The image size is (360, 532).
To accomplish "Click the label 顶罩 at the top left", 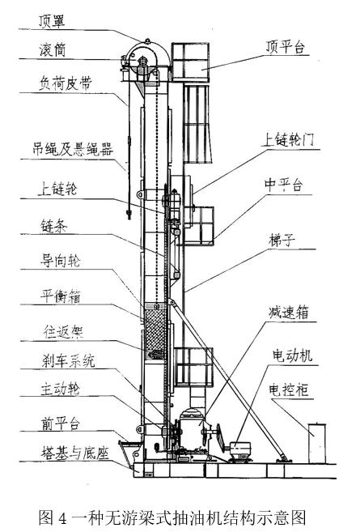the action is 52,20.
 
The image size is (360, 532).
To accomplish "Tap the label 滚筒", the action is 52,50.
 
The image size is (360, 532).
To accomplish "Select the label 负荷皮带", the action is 65,83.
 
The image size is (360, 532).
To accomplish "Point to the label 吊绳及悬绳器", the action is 73,149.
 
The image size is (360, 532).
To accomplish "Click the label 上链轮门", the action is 288,139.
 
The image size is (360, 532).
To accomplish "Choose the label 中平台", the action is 283,185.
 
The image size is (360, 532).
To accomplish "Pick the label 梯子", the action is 282,240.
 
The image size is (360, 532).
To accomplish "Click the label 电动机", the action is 292,356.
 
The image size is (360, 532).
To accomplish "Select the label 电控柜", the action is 289,390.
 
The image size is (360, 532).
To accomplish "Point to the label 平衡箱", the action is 61,296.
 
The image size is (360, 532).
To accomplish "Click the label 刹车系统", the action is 68,360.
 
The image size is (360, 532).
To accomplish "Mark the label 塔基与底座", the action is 74,453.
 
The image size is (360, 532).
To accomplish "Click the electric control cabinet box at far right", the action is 317,443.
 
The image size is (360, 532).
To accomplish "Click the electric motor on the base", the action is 239,449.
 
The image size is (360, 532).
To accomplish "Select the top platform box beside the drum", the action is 190,62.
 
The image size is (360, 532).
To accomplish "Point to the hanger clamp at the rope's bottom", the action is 129,215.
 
